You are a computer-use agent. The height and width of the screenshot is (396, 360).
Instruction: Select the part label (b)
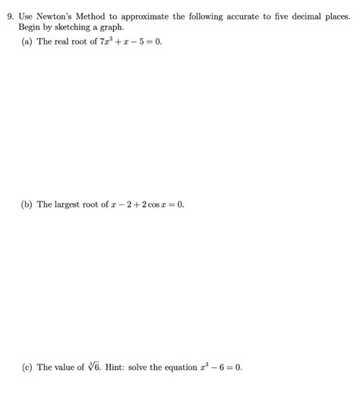[x=27, y=204]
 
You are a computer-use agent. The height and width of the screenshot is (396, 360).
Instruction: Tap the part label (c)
[x=27, y=367]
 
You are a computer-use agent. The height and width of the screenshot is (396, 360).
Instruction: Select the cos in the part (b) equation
[x=152, y=205]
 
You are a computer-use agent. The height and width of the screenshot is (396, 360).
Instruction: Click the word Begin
[x=30, y=27]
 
